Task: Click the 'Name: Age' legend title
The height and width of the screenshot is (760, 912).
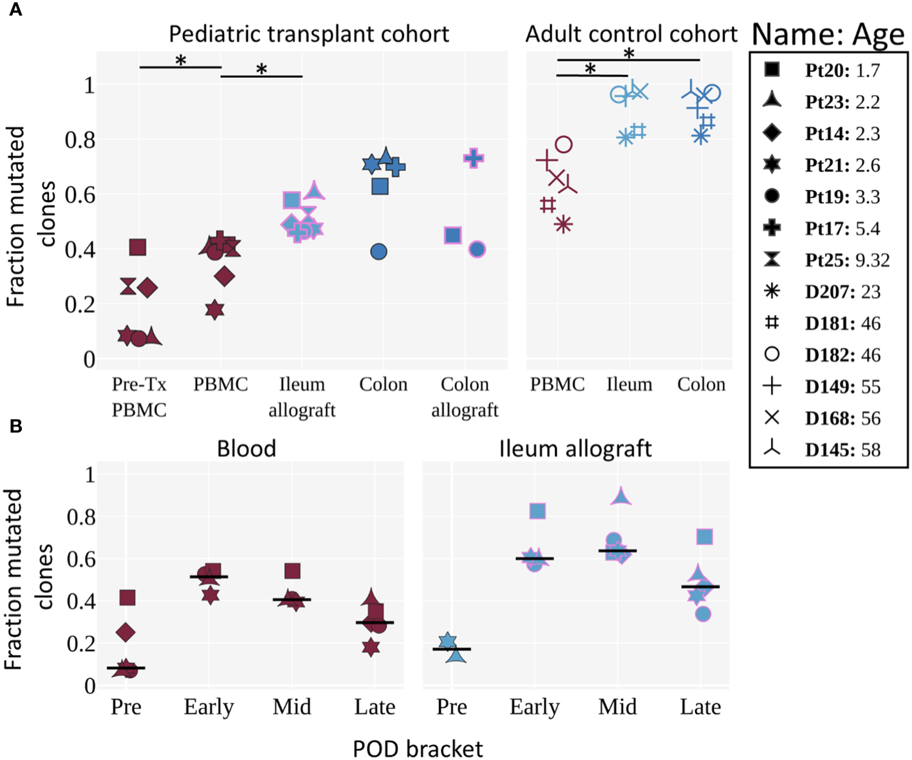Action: pos(828,35)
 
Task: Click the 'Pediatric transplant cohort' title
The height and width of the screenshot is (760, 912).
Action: pos(309,34)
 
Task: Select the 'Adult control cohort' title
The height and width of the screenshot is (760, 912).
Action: pos(631,34)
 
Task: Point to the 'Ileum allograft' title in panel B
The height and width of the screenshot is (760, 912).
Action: pos(575,449)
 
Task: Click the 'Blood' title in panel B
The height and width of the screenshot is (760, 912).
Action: pos(247,449)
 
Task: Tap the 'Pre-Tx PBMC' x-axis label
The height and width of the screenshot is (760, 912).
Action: pos(139,396)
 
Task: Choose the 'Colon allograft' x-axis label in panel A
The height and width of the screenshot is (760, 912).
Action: pos(465,396)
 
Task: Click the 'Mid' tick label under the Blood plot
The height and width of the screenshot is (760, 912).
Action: pos(292,707)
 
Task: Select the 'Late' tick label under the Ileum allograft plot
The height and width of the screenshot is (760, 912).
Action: pos(700,707)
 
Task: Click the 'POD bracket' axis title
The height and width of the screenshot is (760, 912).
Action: pos(418,749)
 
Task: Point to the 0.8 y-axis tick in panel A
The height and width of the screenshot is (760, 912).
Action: pos(80,140)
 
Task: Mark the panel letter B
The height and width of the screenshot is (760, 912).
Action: pos(15,426)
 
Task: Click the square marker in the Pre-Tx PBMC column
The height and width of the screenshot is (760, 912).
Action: pos(138,247)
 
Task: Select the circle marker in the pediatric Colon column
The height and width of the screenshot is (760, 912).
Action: pos(379,252)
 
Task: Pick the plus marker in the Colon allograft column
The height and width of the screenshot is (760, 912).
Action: pos(474,158)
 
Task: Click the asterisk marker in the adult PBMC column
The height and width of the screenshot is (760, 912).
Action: pos(564,225)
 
